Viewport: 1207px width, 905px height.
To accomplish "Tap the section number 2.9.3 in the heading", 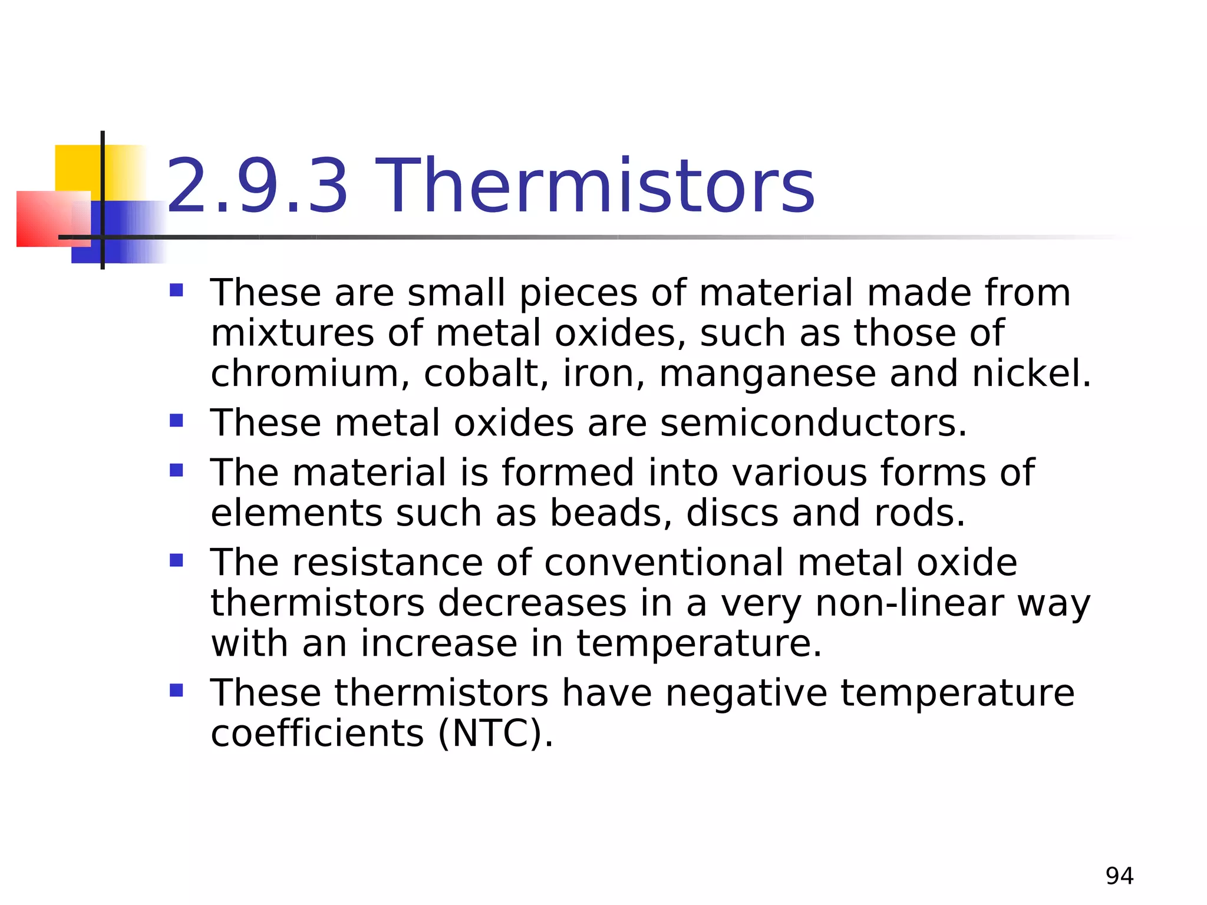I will [258, 186].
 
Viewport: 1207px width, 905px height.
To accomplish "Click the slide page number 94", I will [1119, 876].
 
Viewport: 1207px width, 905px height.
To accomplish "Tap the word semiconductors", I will [813, 423].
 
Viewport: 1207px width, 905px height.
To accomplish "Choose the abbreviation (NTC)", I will [495, 734].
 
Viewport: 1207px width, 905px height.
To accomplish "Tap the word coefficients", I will [317, 734].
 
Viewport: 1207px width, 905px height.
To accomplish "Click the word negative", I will [746, 693].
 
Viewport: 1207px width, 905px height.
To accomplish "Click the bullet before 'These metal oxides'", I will [176, 421].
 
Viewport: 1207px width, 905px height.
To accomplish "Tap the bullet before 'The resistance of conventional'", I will [176, 560].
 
